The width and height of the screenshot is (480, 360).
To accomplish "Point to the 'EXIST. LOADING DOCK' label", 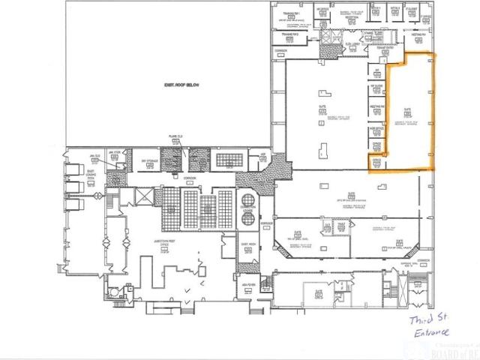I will pyautogui.click(x=89, y=172).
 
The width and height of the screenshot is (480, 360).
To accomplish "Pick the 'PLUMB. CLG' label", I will pyautogui.click(x=175, y=137).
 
